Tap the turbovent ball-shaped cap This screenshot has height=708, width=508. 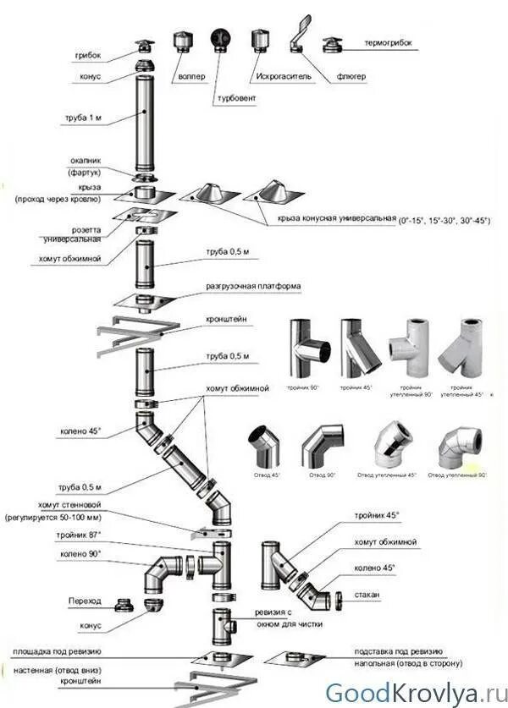coord(219,39)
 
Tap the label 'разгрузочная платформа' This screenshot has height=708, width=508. coord(252,286)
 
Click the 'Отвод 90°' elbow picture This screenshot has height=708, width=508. coord(323,447)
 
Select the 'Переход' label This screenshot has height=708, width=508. coord(85,601)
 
